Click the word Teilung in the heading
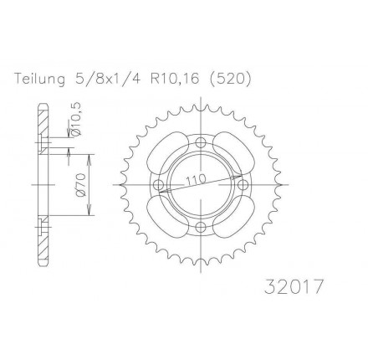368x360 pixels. tap(39, 79)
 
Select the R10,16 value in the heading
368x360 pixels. tap(175, 79)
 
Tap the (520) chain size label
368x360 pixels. tap(230, 79)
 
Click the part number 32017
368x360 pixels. tap(294, 286)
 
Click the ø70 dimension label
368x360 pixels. tap(80, 185)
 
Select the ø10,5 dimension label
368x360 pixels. tap(76, 119)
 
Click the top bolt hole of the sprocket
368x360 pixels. tap(201, 142)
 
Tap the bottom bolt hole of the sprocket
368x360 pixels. tap(201, 227)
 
